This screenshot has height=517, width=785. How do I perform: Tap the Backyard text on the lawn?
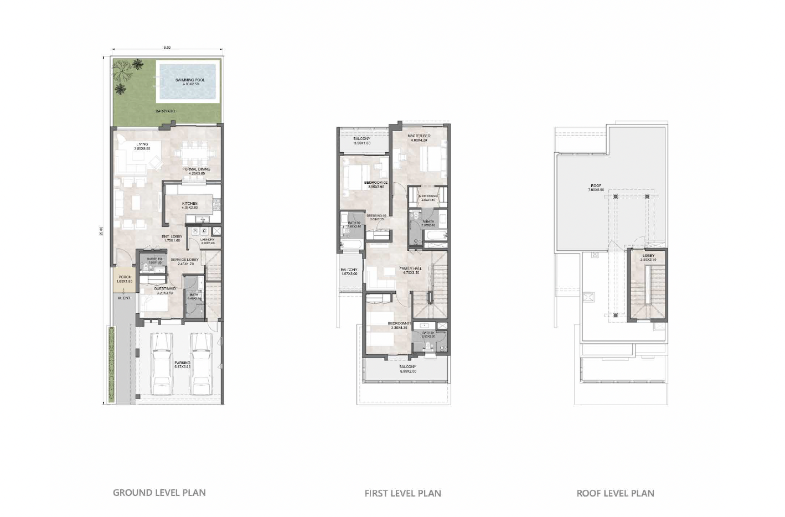pos(165,111)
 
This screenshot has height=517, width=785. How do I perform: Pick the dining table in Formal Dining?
pos(197,150)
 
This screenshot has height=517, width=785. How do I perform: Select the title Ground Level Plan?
pos(159,493)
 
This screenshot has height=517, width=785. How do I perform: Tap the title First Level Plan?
pos(402,493)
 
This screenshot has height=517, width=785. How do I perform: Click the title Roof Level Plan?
pos(615,493)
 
